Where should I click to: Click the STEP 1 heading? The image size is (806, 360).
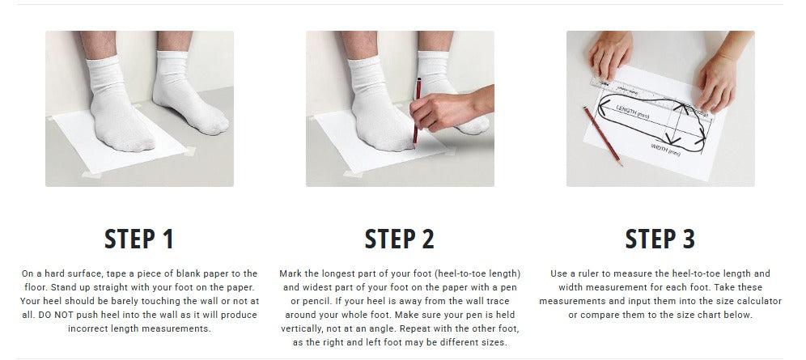click(139, 239)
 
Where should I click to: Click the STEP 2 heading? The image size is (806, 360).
click(400, 239)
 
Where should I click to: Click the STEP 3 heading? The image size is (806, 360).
click(660, 239)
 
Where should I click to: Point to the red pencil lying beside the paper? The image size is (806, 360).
click(603, 136)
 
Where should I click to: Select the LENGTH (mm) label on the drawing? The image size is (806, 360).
click(633, 112)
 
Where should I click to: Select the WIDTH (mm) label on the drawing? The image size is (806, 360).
click(666, 150)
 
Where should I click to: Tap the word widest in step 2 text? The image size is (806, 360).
click(319, 287)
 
